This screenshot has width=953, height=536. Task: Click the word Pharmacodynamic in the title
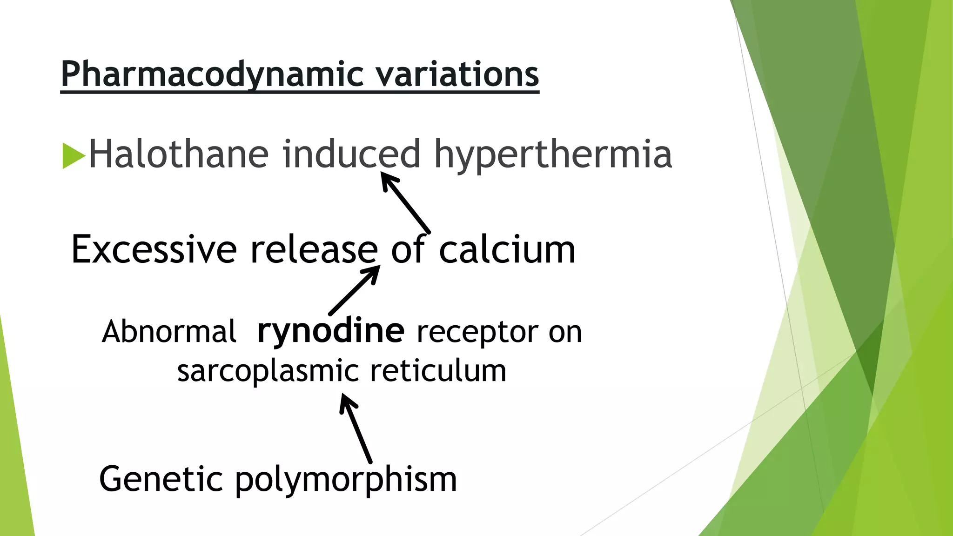point(212,74)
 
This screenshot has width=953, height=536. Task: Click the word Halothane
point(179,154)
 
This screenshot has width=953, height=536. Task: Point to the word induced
point(351,154)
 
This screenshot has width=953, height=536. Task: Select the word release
point(314,250)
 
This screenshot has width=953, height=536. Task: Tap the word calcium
point(507,250)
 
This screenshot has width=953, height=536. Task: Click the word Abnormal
point(169,332)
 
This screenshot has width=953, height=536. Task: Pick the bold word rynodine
point(331,331)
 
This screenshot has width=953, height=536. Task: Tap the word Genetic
point(161,479)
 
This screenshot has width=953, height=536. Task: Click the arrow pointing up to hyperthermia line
point(405,202)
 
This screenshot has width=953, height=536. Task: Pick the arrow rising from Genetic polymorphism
point(356,428)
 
